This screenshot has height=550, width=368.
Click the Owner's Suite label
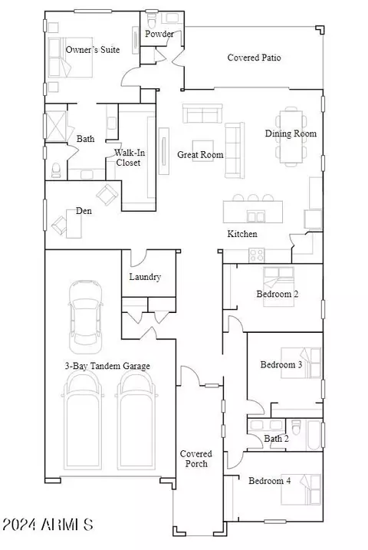pos(93,49)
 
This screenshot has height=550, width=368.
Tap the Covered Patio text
pos(254,58)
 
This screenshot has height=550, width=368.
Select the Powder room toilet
pos(151,21)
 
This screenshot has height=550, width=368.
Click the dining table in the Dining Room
pos(291,137)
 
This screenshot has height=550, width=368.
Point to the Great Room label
pos(200,155)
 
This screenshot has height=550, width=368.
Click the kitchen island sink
pos(256,216)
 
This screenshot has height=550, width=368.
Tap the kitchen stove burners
pos(257,255)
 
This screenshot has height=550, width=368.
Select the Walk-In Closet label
pos(129,157)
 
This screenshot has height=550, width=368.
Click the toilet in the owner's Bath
pos(56,170)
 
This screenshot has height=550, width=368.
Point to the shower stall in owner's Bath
pos(56,127)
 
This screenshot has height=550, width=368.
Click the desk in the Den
pos(74,223)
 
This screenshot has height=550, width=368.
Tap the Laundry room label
pos(145,277)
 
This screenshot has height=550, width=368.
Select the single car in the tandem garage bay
pos(86,317)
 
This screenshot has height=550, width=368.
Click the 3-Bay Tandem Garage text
pos(107,366)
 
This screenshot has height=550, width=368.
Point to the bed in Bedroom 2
pos(278,287)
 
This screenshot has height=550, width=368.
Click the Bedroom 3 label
pos(281,364)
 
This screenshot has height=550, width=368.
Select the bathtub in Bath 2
pos(314,435)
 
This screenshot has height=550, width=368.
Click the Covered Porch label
pos(196,459)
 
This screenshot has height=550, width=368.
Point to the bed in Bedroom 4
pos(301,489)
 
